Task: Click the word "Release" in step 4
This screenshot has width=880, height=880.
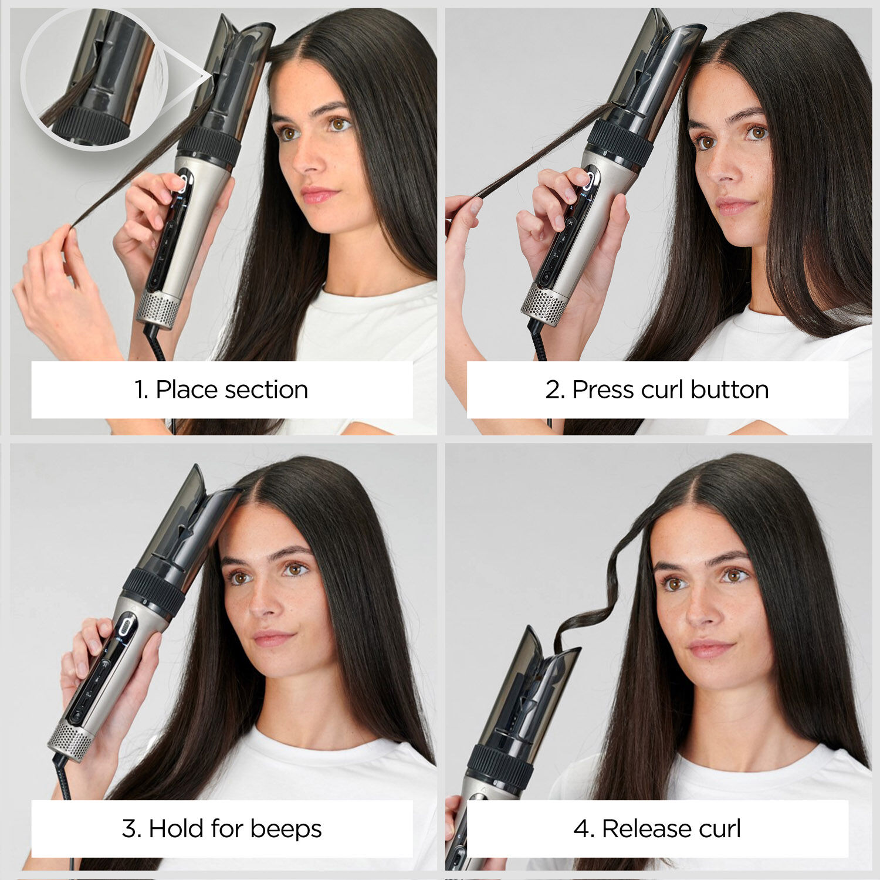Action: click(x=639, y=828)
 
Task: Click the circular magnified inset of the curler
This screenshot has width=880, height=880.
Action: click(x=94, y=79)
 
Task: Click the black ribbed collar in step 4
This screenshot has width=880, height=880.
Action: click(x=500, y=766)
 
